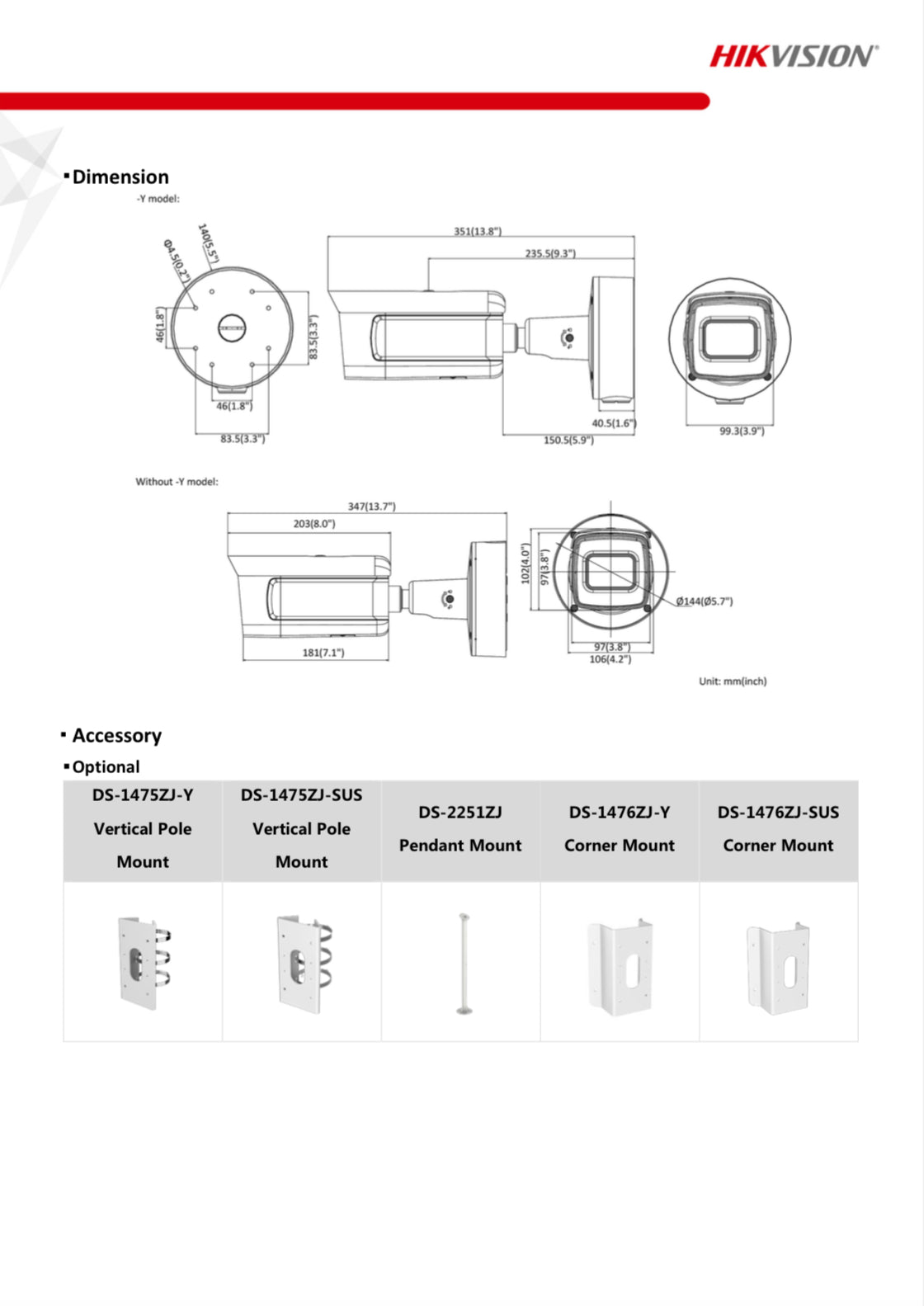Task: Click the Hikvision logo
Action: tap(793, 56)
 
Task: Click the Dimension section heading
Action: tap(120, 177)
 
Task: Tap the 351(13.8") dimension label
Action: tap(477, 231)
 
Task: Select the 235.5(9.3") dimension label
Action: tap(550, 253)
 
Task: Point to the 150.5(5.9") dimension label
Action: tap(568, 441)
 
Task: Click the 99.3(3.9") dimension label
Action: tap(741, 431)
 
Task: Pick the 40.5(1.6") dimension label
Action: tap(613, 423)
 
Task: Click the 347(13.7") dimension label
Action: tap(371, 506)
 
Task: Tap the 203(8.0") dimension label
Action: tap(314, 523)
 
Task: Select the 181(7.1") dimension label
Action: tap(323, 653)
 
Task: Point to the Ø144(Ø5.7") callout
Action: tap(704, 601)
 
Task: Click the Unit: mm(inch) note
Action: tap(732, 681)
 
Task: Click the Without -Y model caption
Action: tap(177, 482)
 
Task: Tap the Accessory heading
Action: tap(116, 735)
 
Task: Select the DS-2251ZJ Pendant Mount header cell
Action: tap(460, 829)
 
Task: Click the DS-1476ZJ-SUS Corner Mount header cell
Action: tap(778, 829)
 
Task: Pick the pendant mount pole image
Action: tap(463, 962)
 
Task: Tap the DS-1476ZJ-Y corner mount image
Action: tap(620, 965)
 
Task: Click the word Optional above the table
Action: tap(106, 766)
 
